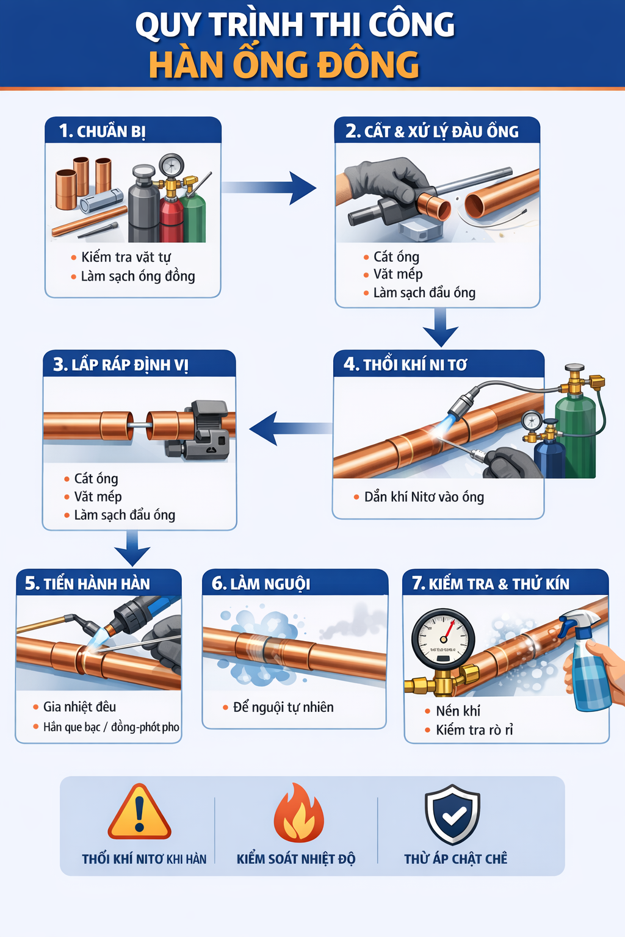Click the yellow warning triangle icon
pos(139,813)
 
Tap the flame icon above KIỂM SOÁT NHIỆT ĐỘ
pos(298,814)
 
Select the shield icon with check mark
pos(452,815)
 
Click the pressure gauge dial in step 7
pos(444,639)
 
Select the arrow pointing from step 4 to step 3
pos(289,428)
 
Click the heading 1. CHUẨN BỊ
pos(103,131)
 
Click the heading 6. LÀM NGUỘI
pos(261,584)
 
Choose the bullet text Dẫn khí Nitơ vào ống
pos(424,497)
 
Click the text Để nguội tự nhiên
pos(283,707)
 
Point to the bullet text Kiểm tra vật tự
pos(126,257)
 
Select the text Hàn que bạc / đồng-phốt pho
pos(110,727)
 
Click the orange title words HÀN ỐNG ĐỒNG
pos(284,65)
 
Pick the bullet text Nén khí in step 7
pos(458,711)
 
